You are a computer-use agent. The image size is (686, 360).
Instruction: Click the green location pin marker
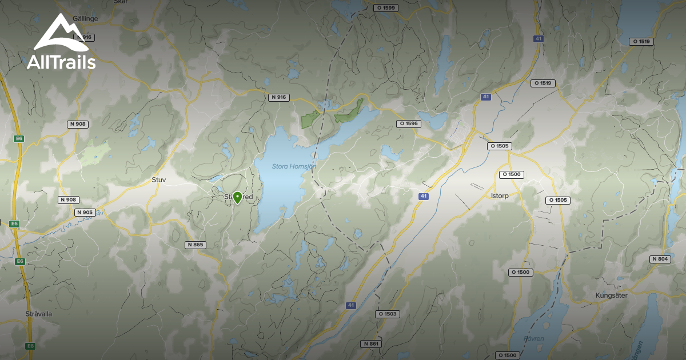pos(237,198)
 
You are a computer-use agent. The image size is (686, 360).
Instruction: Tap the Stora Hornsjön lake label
pos(285,166)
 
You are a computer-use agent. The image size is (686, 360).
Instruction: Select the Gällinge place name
pos(86,18)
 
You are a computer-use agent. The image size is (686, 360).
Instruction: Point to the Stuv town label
pos(159,179)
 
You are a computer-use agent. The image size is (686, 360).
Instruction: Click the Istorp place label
pos(500,195)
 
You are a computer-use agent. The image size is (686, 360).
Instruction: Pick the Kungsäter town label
pos(612,295)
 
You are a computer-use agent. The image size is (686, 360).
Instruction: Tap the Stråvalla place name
pos(39,314)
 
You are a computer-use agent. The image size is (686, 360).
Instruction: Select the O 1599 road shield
pos(385,8)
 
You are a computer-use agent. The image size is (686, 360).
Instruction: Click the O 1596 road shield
pos(409,123)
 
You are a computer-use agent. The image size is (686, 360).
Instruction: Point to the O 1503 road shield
pos(387,314)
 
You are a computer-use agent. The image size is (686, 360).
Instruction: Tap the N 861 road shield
pos(371,344)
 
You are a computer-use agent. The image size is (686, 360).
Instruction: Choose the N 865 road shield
pos(195,245)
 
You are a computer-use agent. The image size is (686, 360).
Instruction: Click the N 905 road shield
pos(84,213)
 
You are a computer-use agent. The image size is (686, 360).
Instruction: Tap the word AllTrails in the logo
pos(61,63)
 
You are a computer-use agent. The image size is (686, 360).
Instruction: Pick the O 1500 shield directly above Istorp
pos(511,174)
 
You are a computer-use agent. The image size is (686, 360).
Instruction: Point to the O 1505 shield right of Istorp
pos(557,200)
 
